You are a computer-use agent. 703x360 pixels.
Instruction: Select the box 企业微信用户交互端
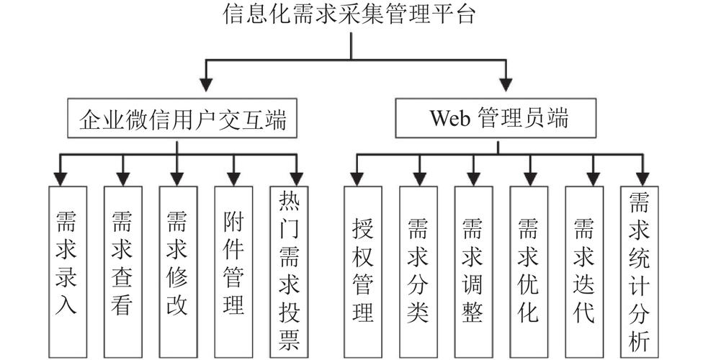[177, 118]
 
